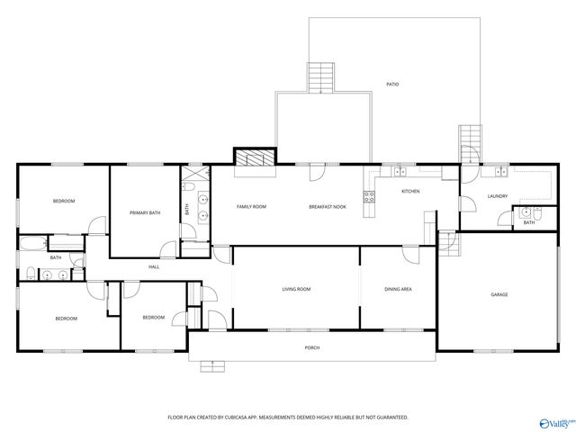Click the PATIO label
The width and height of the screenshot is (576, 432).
(392, 84)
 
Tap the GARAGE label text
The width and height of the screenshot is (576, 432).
(499, 295)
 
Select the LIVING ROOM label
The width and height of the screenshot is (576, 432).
(296, 289)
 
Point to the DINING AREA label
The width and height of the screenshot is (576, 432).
(399, 289)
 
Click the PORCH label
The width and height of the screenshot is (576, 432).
(312, 347)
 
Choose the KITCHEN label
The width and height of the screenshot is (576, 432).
(410, 192)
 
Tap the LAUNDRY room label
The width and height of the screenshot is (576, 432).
(498, 196)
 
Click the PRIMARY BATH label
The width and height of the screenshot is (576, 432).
(145, 213)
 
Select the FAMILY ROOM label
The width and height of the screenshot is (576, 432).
(251, 207)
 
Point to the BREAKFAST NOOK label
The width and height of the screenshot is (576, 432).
(328, 207)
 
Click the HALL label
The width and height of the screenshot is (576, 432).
(154, 267)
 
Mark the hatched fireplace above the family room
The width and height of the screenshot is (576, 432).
(253, 157)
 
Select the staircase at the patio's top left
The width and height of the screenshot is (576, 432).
(320, 77)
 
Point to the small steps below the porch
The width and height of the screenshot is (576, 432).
(211, 365)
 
